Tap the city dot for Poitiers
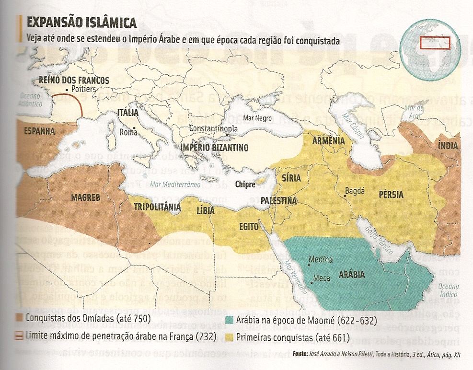(66, 90)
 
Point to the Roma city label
(128, 132)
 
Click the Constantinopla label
(213, 129)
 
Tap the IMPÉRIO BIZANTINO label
(214, 148)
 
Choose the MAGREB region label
(85, 197)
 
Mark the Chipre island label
(244, 184)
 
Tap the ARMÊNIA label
(328, 141)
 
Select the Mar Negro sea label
(257, 118)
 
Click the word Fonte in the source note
(300, 354)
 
